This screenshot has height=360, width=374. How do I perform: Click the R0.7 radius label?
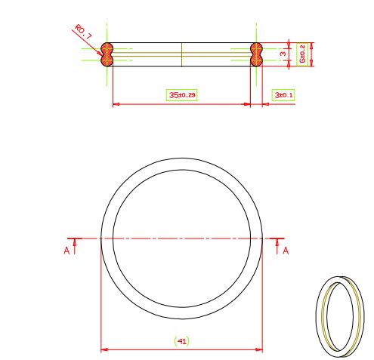83,32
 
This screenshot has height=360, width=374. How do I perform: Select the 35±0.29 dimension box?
182,95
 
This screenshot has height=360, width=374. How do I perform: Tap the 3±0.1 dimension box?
283,95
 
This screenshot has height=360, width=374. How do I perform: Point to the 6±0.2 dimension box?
302,54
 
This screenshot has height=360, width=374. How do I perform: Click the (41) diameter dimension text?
181,341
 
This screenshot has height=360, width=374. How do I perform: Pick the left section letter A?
66,251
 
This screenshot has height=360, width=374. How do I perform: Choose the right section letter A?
286,251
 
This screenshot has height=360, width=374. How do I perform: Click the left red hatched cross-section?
107,54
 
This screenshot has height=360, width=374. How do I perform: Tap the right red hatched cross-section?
256,54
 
